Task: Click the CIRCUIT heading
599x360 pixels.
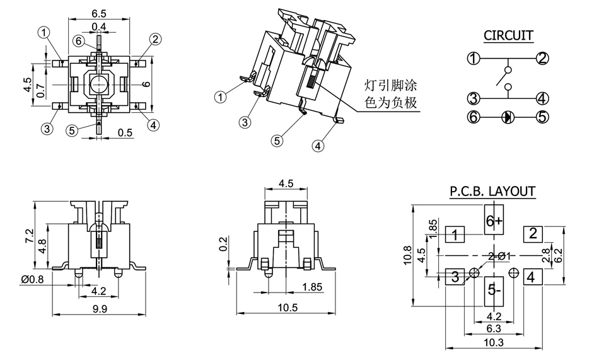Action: [508, 35]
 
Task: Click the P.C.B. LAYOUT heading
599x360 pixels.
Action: [492, 191]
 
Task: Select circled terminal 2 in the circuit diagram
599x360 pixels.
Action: [542, 59]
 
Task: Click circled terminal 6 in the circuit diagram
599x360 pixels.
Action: [474, 117]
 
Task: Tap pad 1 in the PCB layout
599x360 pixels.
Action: [455, 236]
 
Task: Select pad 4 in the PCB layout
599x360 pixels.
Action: [532, 276]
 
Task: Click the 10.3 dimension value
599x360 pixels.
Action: [494, 342]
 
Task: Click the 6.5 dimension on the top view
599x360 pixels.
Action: [98, 13]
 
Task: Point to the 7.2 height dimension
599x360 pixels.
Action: [28, 237]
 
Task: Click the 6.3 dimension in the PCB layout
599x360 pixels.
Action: [494, 328]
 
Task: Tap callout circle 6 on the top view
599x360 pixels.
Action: [79, 41]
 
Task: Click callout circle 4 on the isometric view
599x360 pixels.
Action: [317, 146]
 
